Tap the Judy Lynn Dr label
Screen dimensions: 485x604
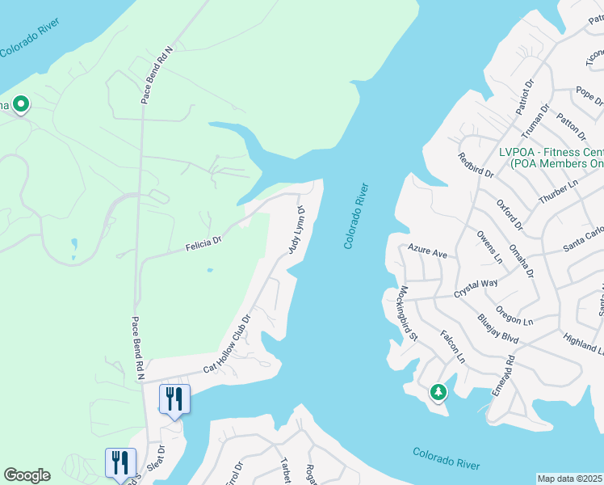click(296, 230)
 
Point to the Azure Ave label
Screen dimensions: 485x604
click(427, 252)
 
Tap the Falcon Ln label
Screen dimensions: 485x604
click(453, 345)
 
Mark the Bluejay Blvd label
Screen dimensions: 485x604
click(497, 330)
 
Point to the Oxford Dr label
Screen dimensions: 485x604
click(510, 213)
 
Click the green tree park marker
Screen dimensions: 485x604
click(438, 392)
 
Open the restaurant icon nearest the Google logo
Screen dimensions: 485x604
click(120, 462)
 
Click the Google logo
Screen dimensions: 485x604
click(27, 475)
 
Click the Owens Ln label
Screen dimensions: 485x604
click(490, 247)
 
